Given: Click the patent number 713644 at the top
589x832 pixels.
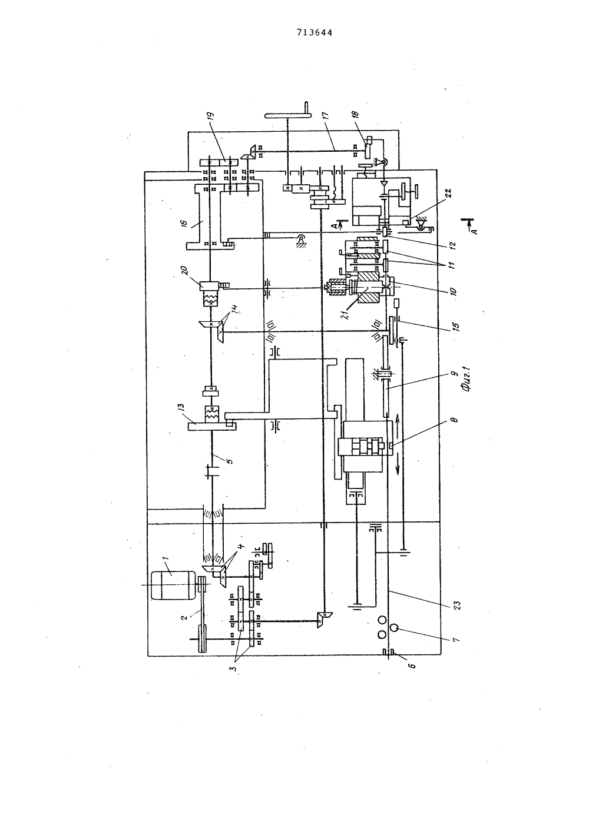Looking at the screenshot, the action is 314,33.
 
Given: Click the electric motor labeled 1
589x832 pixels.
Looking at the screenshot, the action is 173,585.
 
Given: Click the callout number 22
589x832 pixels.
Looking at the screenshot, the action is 448,194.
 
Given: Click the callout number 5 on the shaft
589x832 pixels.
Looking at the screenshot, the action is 230,461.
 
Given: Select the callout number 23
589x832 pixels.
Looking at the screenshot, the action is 457,605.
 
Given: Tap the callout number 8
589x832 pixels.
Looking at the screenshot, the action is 456,420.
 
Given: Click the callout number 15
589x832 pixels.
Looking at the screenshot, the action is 456,326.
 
